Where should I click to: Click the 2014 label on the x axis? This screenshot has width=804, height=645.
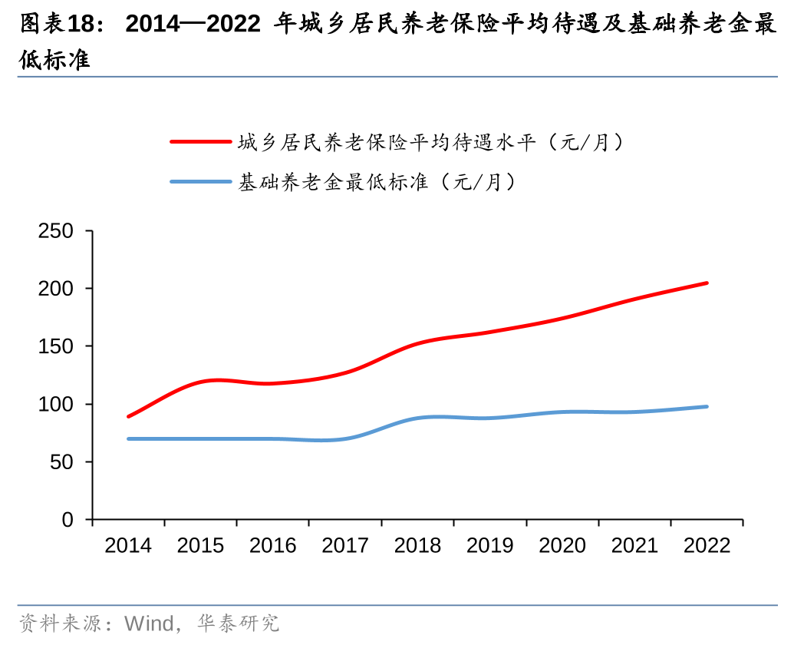click(128, 546)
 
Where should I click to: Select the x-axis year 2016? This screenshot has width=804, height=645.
click(273, 546)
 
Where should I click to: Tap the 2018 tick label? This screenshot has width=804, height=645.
click(417, 546)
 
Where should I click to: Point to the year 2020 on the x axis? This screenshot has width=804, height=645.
click(562, 546)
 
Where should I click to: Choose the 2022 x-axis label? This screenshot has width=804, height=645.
click(707, 546)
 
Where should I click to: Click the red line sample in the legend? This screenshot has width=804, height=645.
click(200, 142)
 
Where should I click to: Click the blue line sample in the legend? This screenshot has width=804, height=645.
click(200, 182)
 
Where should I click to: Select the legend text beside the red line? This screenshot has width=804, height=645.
click(429, 142)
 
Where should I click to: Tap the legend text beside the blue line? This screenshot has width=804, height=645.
click(376, 182)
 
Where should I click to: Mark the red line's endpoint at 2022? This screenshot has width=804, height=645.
click(707, 283)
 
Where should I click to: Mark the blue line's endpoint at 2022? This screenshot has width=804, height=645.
click(707, 406)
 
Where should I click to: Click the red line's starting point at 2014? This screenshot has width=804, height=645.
click(128, 416)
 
